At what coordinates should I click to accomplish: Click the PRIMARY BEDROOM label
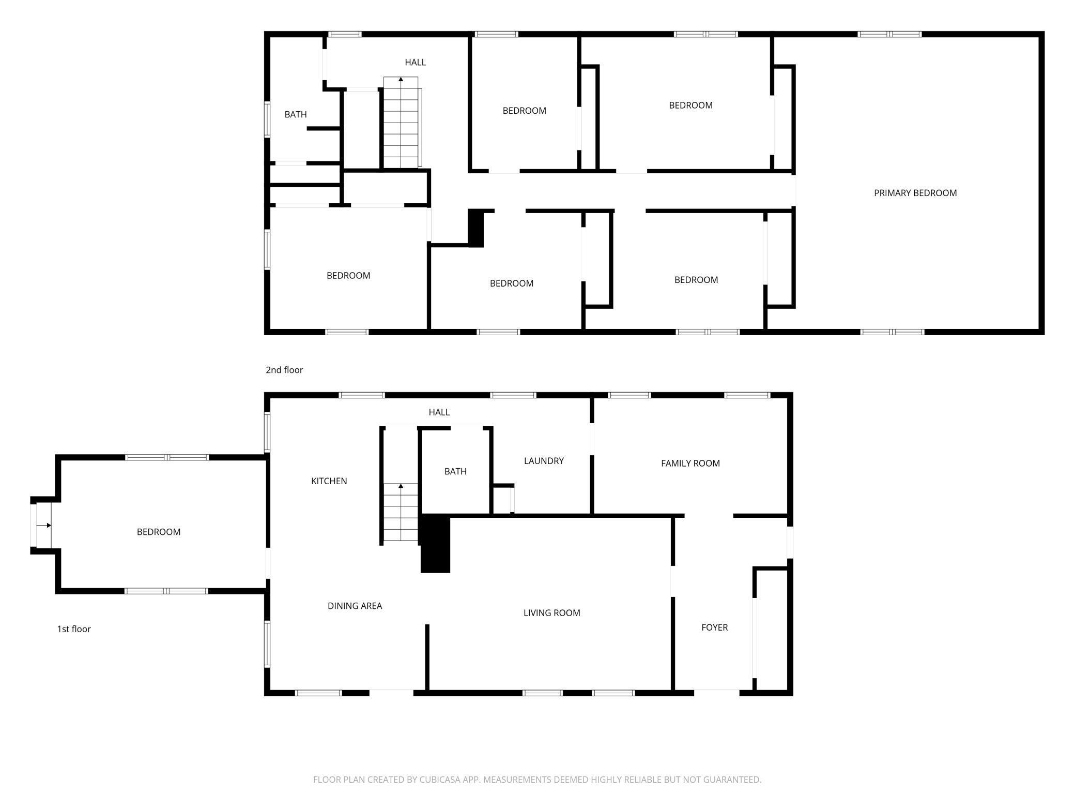click(915, 193)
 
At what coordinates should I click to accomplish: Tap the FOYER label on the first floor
click(714, 627)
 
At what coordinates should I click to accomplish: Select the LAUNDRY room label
click(544, 461)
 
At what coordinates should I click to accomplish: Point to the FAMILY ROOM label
click(690, 464)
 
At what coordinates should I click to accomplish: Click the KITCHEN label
click(329, 481)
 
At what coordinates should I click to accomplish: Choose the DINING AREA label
click(355, 606)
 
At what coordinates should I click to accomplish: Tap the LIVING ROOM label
click(551, 613)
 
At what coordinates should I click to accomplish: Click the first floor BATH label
click(455, 471)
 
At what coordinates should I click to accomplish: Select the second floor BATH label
click(296, 114)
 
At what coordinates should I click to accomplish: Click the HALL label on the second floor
click(415, 63)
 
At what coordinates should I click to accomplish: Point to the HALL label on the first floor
click(439, 412)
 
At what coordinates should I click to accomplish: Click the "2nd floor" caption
click(284, 370)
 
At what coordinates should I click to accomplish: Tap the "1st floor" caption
click(74, 629)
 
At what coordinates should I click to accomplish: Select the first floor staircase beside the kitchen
click(401, 512)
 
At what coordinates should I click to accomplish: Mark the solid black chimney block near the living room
click(435, 543)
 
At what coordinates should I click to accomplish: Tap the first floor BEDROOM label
click(158, 532)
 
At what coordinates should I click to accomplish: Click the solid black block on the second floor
click(475, 228)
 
